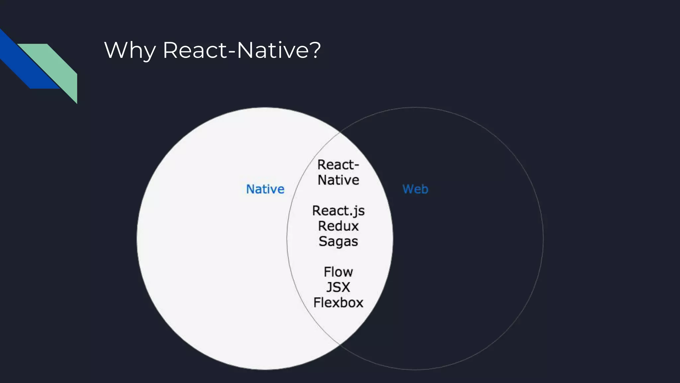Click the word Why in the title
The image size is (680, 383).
pyautogui.click(x=130, y=51)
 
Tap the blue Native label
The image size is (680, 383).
pyautogui.click(x=265, y=189)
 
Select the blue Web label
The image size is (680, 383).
pyautogui.click(x=415, y=189)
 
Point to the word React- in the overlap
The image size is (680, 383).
pyautogui.click(x=338, y=165)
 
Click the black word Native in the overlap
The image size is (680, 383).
pyautogui.click(x=338, y=180)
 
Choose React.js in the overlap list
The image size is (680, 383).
pyautogui.click(x=338, y=211)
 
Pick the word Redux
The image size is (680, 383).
pyautogui.click(x=338, y=226)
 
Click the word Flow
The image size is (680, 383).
pyautogui.click(x=338, y=272)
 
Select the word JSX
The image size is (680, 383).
pyautogui.click(x=338, y=287)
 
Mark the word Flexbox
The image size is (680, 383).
pyautogui.click(x=338, y=303)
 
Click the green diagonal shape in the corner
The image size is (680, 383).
pyautogui.click(x=56, y=66)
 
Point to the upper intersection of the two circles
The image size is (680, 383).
pyautogui.click(x=340, y=133)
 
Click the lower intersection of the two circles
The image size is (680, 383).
pyautogui.click(x=340, y=344)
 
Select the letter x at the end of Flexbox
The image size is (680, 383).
pyautogui.click(x=359, y=303)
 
